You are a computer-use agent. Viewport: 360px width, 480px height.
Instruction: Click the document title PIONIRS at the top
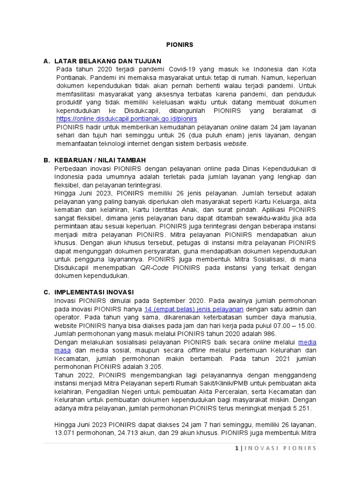click(x=180, y=45)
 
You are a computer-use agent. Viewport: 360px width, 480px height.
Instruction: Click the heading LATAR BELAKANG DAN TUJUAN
click(x=107, y=61)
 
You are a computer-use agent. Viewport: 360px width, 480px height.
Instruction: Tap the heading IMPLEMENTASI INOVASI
click(x=94, y=292)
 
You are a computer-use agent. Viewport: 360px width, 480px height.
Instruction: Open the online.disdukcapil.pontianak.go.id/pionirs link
click(x=126, y=119)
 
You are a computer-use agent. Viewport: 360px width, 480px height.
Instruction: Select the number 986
click(x=270, y=334)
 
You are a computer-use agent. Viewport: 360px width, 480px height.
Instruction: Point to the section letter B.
click(x=46, y=160)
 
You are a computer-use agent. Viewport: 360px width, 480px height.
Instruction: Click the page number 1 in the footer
click(x=237, y=449)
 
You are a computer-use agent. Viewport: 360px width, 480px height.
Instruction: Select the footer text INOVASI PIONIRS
click(x=281, y=449)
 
